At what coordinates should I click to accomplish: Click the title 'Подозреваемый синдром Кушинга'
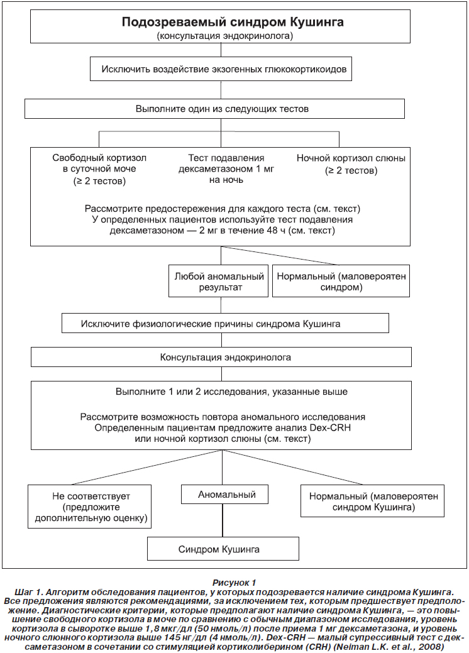pos(233,21)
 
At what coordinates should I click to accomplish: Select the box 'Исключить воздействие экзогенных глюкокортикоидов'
pos(221,69)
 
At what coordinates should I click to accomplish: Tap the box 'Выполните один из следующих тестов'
pos(215,109)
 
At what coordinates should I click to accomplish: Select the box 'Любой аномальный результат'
pos(218,281)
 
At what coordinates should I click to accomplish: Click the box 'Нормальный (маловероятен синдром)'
pos(341,281)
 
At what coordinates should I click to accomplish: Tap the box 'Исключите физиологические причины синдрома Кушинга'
pos(225,324)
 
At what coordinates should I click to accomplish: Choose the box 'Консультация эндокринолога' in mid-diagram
pos(221,357)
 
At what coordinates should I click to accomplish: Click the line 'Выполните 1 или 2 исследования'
pos(231,392)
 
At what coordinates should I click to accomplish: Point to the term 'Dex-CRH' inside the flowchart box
pos(330,428)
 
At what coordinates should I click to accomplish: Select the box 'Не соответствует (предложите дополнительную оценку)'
pos(89,507)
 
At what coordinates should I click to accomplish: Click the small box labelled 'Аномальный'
pos(224,495)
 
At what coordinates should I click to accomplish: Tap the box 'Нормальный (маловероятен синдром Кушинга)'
pos(373,501)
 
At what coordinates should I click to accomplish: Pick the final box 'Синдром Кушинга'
pos(223,549)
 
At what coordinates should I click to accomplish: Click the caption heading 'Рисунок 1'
pos(234,583)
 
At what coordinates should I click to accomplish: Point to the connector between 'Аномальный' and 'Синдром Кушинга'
pos(223,520)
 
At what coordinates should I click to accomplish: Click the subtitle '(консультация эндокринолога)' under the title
pos(225,36)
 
